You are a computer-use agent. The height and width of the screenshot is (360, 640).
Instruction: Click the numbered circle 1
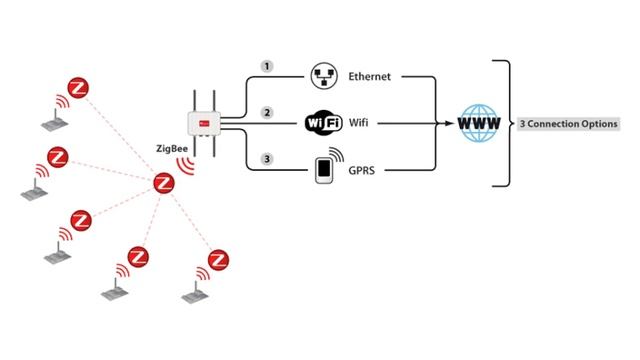pyautogui.click(x=266, y=65)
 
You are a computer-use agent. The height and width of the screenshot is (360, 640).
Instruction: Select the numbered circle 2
pyautogui.click(x=266, y=112)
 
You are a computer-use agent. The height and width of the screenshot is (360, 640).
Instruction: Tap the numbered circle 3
pyautogui.click(x=266, y=158)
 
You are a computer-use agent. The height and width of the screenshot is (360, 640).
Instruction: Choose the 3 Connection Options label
pyautogui.click(x=568, y=124)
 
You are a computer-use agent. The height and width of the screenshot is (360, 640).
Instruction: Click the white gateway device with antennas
pyautogui.click(x=204, y=125)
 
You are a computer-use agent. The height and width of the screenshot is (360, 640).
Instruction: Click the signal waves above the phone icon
pyautogui.click(x=337, y=156)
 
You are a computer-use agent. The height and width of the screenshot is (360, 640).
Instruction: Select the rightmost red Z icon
pyautogui.click(x=217, y=260)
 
